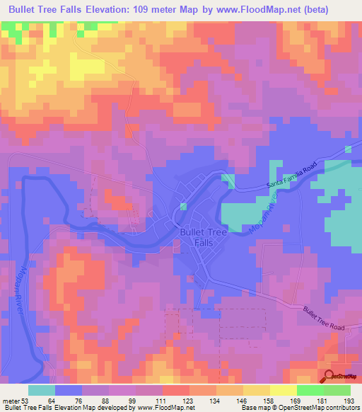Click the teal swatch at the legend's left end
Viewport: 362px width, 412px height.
[x=42, y=389]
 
